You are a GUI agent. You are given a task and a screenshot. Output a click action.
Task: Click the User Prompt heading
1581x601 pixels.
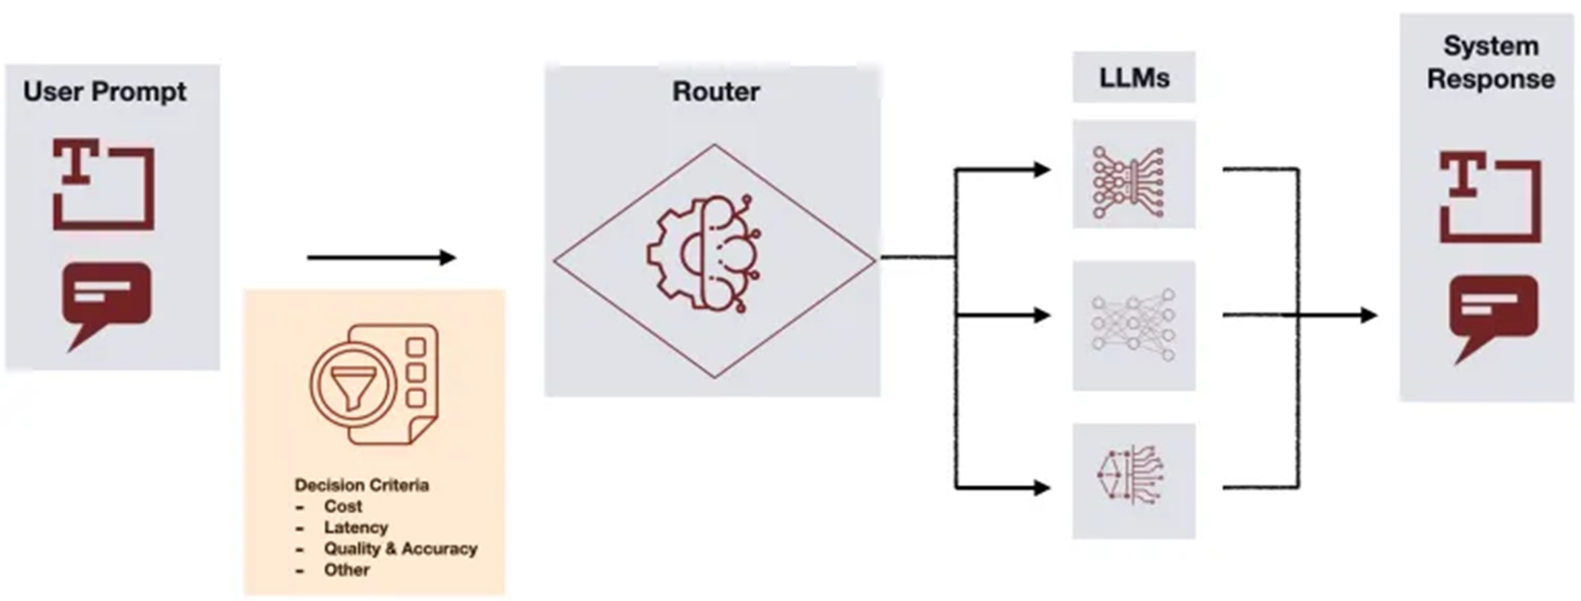105,92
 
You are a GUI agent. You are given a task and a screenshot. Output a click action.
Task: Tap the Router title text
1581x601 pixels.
716,92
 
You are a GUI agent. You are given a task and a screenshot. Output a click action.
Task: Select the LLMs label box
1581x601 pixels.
1133,77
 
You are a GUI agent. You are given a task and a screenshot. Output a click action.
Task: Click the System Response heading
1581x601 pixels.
1490,63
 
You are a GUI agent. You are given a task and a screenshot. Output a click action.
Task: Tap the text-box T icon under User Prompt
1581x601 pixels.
103,184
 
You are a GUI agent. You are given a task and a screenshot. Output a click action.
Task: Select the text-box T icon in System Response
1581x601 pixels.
1490,197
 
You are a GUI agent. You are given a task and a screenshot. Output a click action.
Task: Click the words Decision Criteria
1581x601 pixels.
361,485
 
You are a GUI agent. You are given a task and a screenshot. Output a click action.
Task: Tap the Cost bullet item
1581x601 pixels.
343,507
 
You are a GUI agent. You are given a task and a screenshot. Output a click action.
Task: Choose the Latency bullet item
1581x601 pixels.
355,528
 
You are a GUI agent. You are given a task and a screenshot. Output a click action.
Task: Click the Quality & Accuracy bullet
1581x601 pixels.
400,549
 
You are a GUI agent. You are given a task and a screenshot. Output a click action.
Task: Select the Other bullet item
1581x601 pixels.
346,570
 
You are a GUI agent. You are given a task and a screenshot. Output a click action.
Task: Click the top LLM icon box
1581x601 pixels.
1133,175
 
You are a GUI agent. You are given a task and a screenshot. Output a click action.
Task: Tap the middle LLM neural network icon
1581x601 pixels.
1133,325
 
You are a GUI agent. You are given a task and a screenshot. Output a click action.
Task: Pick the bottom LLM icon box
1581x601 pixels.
1133,481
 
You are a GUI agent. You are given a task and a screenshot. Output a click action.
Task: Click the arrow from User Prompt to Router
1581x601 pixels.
381,258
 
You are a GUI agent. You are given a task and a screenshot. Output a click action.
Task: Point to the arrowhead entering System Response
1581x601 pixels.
1368,315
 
